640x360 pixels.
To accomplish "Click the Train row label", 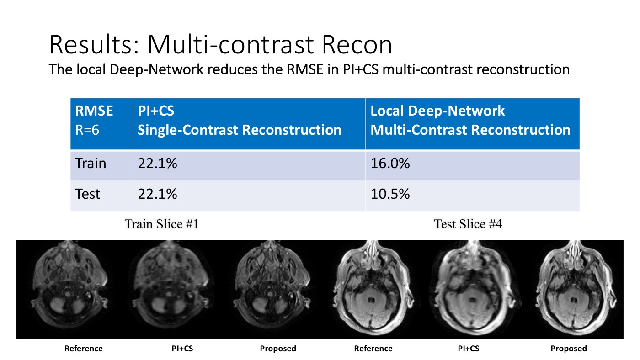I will coord(91,164).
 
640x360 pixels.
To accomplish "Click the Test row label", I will coord(88,194).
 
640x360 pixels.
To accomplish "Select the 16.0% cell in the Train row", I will coord(390,164).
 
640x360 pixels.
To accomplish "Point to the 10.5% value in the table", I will coord(390,194).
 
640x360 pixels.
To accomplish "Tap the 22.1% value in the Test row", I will coord(157,194).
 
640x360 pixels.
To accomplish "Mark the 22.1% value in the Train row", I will coord(157,164).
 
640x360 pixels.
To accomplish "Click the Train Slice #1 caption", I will coord(162,224).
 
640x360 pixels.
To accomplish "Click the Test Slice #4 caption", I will coord(468,224).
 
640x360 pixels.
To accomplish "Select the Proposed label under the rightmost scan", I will coord(568,349).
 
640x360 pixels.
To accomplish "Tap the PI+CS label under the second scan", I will coord(181,349).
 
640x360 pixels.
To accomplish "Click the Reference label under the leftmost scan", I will coord(84,349).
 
